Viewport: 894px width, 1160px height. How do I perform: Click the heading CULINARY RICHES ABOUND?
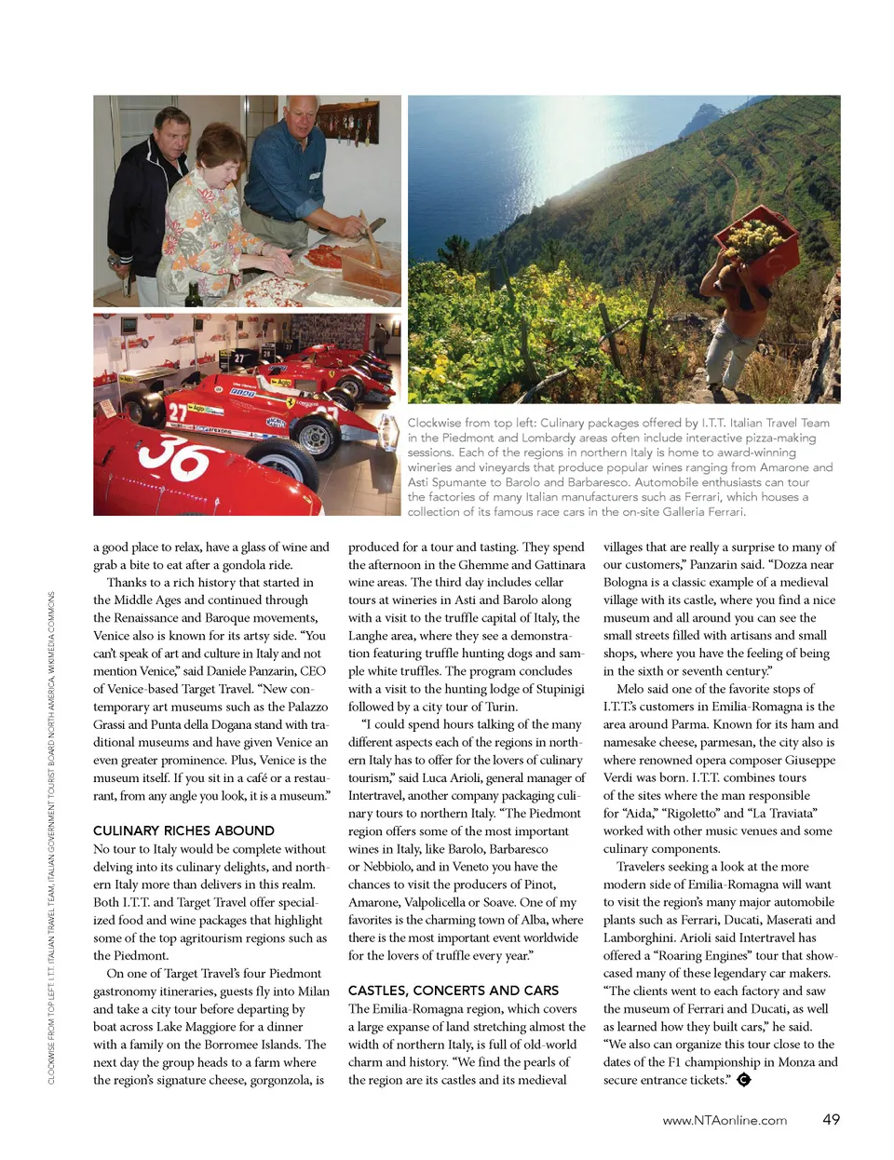coord(183,830)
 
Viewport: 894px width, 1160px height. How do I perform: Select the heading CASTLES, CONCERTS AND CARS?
coord(454,991)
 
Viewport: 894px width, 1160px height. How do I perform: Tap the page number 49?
coord(831,1120)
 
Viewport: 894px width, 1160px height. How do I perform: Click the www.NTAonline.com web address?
coord(725,1121)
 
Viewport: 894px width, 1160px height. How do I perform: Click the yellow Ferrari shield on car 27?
coord(291,404)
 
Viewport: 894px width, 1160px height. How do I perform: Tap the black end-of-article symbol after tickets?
coord(743,1080)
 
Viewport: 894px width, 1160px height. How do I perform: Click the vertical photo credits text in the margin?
coord(51,838)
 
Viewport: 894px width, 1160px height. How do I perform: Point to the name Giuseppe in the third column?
coord(806,760)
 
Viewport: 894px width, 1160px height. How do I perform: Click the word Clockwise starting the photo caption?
coord(434,423)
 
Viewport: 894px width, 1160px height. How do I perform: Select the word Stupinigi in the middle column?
coord(553,689)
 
